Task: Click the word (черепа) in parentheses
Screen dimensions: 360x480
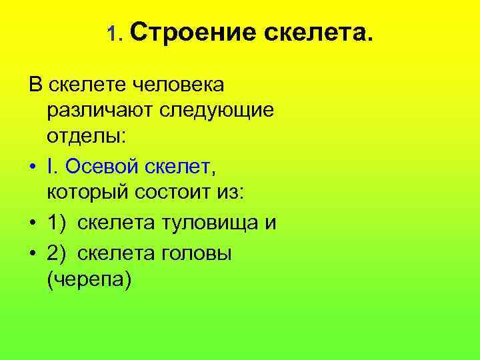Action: point(89,279)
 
